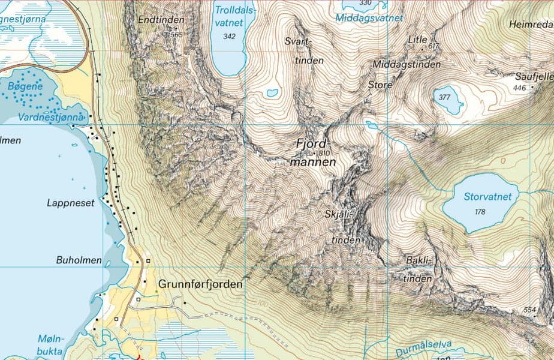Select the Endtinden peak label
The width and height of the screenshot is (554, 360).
point(161,20)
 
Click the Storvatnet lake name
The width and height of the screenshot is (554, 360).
point(487,197)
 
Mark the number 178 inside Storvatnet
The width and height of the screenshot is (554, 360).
point(479,212)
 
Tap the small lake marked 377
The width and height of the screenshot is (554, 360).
point(447,98)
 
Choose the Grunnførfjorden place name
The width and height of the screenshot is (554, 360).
point(200,284)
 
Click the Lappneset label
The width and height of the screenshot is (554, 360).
point(71,203)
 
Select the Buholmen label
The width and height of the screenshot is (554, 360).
point(79,261)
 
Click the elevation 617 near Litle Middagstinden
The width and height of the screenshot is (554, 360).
point(434,46)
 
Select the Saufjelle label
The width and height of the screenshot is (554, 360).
point(534,77)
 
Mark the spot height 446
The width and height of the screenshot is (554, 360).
point(519,88)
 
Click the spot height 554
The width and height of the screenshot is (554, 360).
point(529,310)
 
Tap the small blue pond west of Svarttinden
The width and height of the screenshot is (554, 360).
point(272,93)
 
